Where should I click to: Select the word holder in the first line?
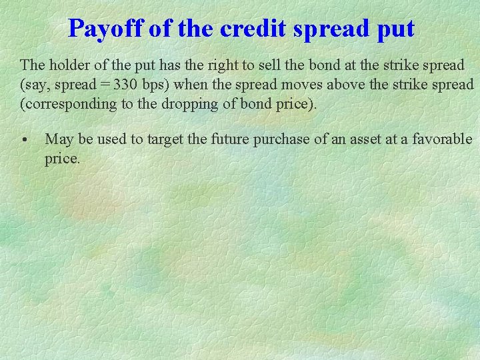click(x=67, y=65)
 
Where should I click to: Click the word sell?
click(x=270, y=65)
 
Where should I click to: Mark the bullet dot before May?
click(x=24, y=140)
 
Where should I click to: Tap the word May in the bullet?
click(x=59, y=139)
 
